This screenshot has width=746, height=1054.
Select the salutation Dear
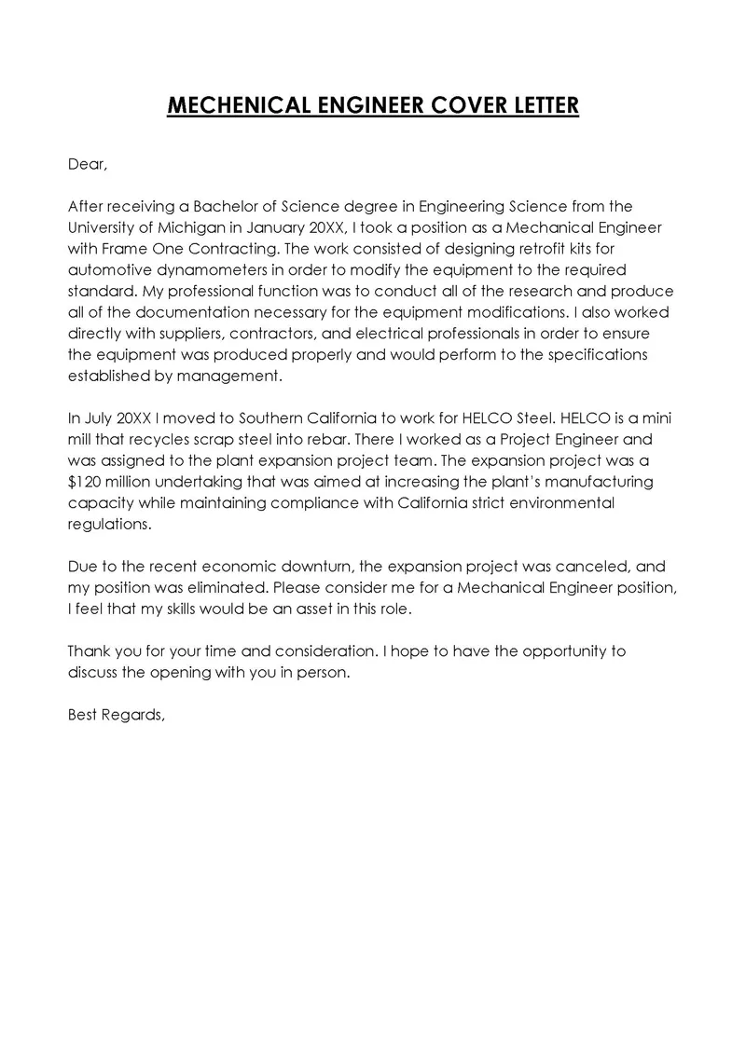click(89, 165)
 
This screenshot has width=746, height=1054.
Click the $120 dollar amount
click(85, 482)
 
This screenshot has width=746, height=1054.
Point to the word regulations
click(109, 525)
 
